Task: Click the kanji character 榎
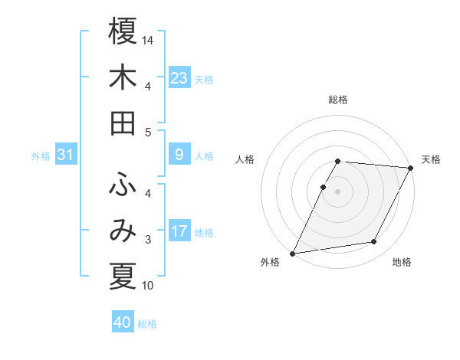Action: [122, 31]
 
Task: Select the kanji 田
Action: [122, 123]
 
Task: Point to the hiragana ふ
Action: [122, 185]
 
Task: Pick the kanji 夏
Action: [122, 277]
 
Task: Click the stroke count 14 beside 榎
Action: [149, 39]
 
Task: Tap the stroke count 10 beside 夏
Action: [149, 286]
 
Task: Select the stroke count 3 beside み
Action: [147, 240]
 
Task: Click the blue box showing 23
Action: [179, 78]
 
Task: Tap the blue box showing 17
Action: [179, 232]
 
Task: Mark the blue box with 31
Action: [65, 155]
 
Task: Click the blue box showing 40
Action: [123, 323]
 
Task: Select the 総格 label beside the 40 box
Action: [148, 324]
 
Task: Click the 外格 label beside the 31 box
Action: [41, 156]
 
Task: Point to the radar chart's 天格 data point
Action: [411, 168]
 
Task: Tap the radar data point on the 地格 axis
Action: [374, 242]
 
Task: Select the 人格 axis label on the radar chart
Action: [245, 159]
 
